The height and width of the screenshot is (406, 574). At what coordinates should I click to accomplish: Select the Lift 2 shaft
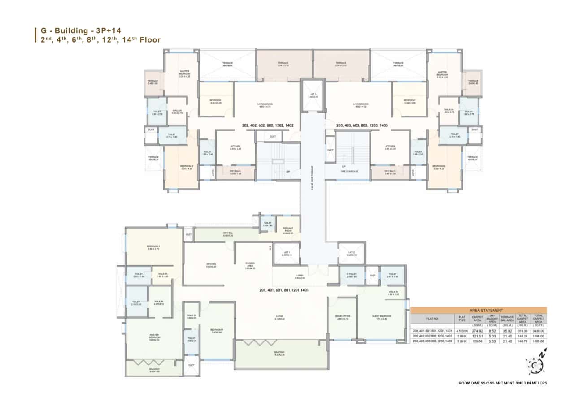pyautogui.click(x=351, y=253)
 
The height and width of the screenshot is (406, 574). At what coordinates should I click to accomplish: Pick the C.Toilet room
pyautogui.click(x=351, y=276)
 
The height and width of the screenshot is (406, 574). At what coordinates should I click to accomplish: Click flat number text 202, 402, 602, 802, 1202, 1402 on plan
pyautogui.click(x=268, y=126)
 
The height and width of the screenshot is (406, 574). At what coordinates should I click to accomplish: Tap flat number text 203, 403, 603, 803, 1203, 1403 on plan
pyautogui.click(x=361, y=126)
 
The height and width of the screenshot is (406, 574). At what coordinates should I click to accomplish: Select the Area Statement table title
pyautogui.click(x=478, y=310)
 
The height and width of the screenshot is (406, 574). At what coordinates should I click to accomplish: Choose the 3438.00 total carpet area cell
pyautogui.click(x=538, y=331)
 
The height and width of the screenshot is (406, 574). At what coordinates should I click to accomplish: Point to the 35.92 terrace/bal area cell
pyautogui.click(x=506, y=331)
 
